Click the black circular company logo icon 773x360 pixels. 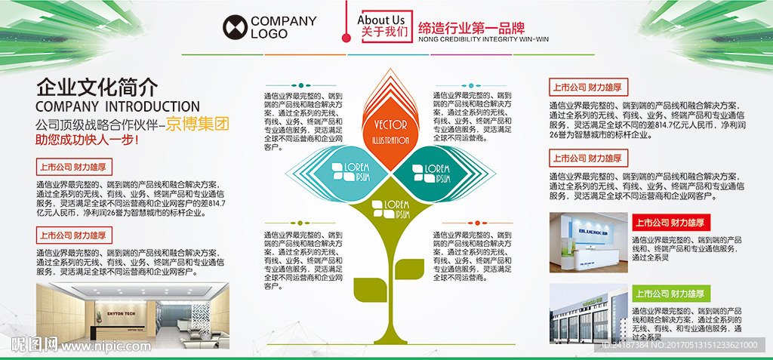234,27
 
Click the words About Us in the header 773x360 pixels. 380,20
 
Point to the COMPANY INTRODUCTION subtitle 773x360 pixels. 117,106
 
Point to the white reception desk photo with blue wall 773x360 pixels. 587,242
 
